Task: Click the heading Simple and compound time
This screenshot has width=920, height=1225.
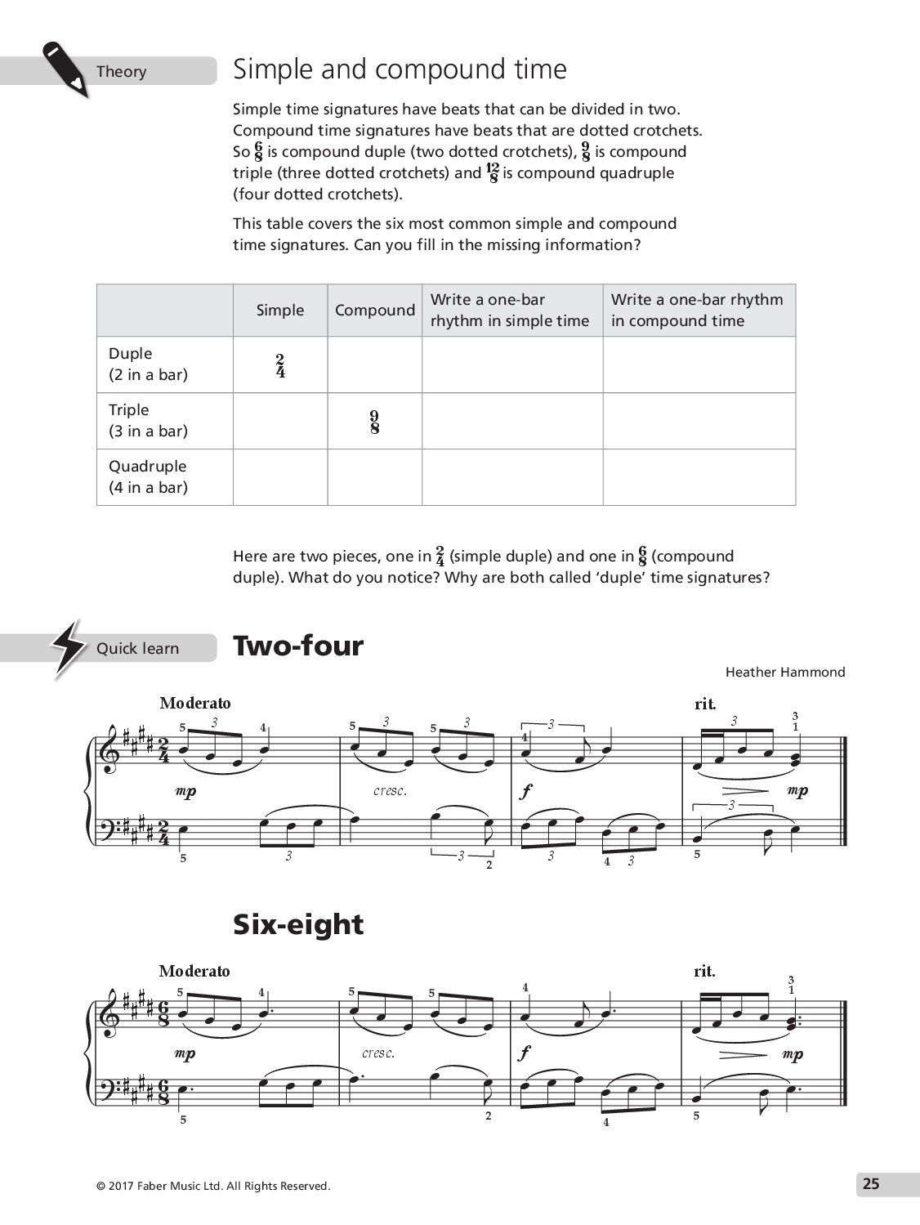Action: [400, 69]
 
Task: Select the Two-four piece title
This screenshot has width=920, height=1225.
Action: [298, 646]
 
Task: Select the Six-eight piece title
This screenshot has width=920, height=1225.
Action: [298, 924]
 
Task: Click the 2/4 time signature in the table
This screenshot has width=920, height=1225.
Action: [280, 365]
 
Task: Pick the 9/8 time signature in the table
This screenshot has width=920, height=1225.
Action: [375, 422]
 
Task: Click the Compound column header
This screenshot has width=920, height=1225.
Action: [375, 311]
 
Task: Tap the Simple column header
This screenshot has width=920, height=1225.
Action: [280, 311]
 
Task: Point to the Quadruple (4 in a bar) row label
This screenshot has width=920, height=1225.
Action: [148, 477]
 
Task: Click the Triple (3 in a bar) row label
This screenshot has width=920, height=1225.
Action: [148, 421]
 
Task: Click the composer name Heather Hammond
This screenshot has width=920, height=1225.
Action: [785, 673]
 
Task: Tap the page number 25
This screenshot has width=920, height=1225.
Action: [871, 1184]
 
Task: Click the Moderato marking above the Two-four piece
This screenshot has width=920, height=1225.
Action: [195, 704]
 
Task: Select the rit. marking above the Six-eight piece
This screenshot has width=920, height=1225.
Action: [704, 972]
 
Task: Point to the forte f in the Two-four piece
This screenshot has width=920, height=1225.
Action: [525, 791]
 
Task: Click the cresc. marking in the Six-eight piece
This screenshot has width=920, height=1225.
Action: [378, 1053]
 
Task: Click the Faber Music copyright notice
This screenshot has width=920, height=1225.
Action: [213, 1187]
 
